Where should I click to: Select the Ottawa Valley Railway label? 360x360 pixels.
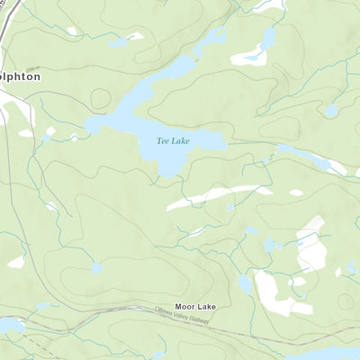click(185, 319)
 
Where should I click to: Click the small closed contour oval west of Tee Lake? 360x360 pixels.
click(100, 98)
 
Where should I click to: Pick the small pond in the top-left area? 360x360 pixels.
click(119, 41)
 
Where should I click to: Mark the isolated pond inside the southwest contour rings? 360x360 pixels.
click(97, 267)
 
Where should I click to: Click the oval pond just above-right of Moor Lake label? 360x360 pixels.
click(245, 284)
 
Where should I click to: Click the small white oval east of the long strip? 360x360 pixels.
click(296, 192)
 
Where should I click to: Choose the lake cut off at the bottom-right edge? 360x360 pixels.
click(324, 354)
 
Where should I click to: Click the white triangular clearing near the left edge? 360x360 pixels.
click(16, 262)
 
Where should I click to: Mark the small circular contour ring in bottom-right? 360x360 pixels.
click(345, 301)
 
